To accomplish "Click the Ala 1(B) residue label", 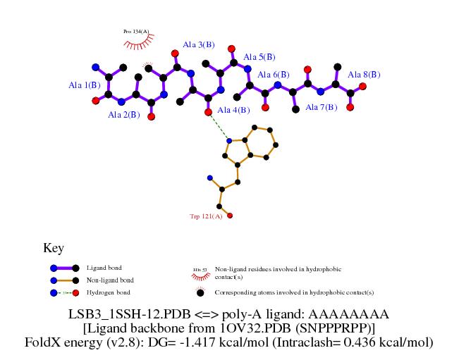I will coord(84,85).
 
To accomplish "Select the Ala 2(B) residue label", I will coord(124,114).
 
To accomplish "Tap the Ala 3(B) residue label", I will coord(199,44).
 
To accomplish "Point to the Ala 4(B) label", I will coord(233,110).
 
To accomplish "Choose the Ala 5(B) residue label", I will coord(259,57).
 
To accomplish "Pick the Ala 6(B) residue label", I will coord(274,75).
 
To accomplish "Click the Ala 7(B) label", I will coord(321,107).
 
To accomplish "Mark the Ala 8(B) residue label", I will coord(364,75).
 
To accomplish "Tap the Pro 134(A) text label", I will coord(136,32).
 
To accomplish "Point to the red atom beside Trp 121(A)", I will coord(230,216).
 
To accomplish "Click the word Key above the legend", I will coord(54,248).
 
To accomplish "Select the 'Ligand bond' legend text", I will coord(104,268).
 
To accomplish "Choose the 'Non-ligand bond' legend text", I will coord(109,280).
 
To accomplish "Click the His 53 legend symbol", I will coord(200,271).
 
